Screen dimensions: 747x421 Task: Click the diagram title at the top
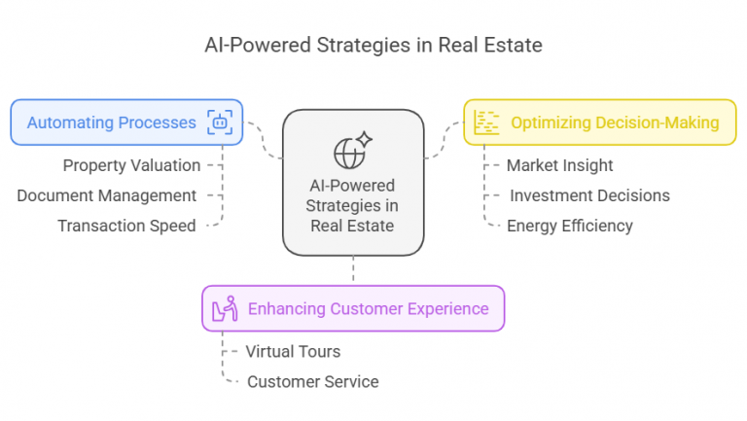click(x=373, y=46)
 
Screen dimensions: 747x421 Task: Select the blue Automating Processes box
click(x=126, y=123)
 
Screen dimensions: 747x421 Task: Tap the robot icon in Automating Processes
click(x=220, y=123)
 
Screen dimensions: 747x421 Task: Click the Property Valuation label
click(x=131, y=165)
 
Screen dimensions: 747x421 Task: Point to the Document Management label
click(x=107, y=195)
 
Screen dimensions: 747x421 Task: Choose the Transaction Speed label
click(x=126, y=226)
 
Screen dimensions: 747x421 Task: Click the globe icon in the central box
click(x=349, y=154)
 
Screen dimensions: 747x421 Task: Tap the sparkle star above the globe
click(x=365, y=139)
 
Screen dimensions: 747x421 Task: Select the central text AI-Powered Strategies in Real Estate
click(x=352, y=205)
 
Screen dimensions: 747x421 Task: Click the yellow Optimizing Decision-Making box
click(x=600, y=123)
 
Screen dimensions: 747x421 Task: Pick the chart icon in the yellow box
click(x=486, y=123)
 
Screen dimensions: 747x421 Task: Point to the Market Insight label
click(x=560, y=165)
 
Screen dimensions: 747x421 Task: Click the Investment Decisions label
click(x=589, y=195)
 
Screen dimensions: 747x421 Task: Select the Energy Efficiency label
click(x=570, y=226)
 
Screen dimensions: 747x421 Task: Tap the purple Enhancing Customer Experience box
click(x=353, y=308)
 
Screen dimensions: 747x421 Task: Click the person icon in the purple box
click(x=225, y=308)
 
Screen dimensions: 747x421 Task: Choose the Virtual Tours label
click(x=293, y=351)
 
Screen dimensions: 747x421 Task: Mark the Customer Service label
click(x=313, y=381)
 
